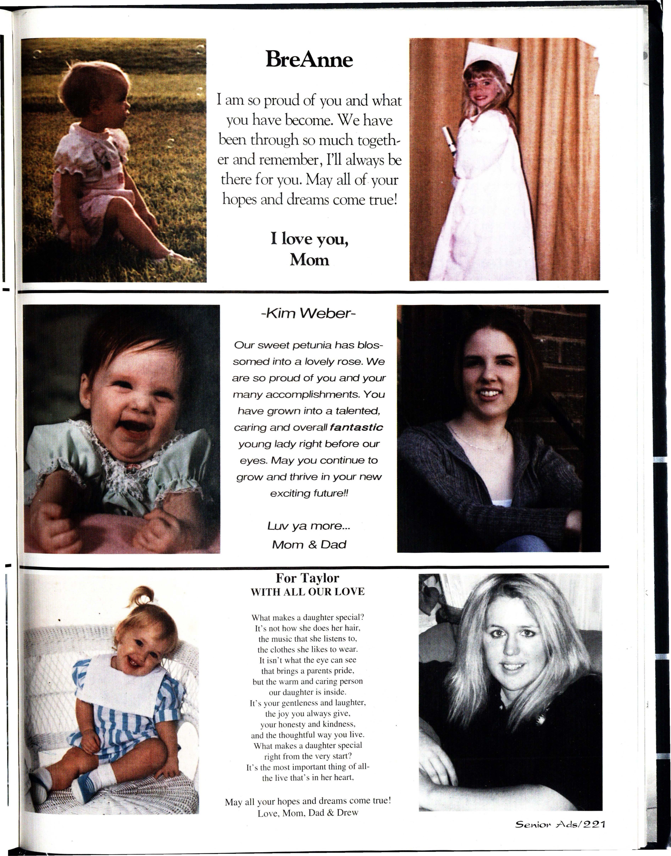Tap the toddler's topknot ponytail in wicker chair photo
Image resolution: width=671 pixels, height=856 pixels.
click(x=142, y=597)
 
